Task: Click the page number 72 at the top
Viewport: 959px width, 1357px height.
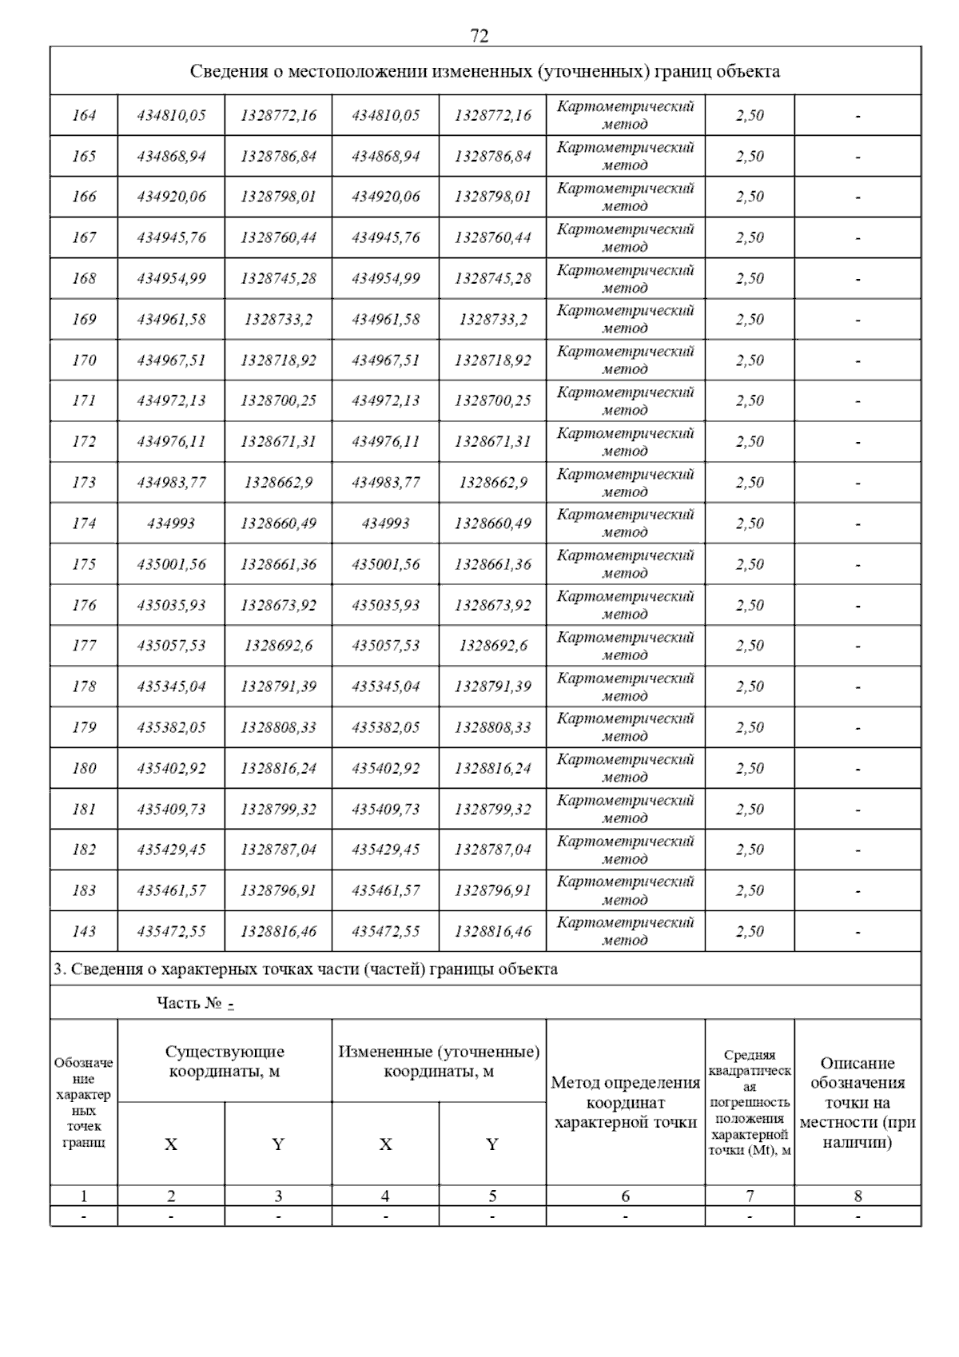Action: (479, 36)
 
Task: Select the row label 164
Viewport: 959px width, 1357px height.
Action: (84, 115)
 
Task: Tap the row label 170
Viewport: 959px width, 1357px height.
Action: (84, 360)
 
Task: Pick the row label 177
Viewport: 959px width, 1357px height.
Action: (84, 646)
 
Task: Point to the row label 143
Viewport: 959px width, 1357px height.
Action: (84, 931)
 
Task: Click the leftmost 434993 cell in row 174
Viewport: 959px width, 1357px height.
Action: (171, 523)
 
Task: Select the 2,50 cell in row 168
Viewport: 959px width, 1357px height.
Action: (750, 278)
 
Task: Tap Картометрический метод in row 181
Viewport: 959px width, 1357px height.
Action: (625, 809)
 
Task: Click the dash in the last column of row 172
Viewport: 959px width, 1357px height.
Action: (858, 442)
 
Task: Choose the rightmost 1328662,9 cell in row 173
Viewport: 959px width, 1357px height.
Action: (492, 483)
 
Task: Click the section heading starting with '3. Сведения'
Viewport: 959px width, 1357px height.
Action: (305, 969)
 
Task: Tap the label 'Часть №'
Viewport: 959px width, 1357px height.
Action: (189, 1004)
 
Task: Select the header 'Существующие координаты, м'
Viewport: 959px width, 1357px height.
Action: (225, 1061)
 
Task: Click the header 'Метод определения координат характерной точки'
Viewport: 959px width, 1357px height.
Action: (625, 1103)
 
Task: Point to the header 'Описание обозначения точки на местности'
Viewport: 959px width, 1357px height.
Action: (858, 1103)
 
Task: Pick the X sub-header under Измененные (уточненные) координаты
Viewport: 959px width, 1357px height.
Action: (385, 1144)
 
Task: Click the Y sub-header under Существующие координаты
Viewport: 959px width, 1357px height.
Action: (278, 1144)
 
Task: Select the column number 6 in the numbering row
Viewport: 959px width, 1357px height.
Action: (625, 1196)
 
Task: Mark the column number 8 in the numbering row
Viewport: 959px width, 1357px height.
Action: (858, 1196)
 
